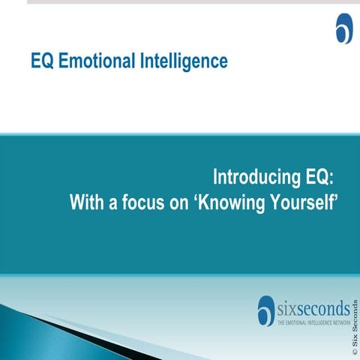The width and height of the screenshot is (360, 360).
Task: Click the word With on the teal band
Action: click(x=85, y=202)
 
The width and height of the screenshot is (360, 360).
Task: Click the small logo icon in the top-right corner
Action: click(x=343, y=28)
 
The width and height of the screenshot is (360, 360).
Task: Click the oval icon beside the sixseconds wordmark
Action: click(x=266, y=310)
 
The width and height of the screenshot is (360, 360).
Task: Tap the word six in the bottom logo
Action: click(x=289, y=308)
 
